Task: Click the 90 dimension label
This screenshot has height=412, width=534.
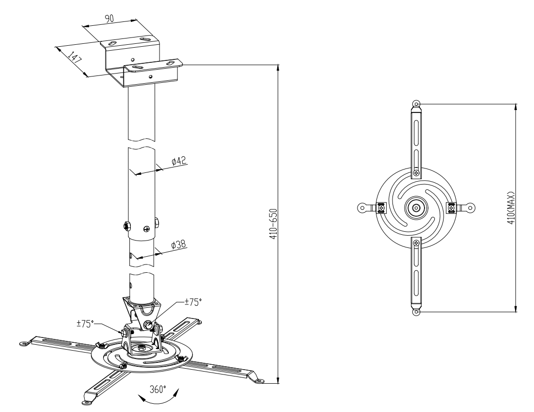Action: [x=109, y=19]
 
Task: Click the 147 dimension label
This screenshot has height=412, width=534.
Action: [x=75, y=57]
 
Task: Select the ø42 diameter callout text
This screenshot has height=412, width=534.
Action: [x=179, y=161]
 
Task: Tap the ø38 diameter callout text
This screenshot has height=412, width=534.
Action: [x=178, y=245]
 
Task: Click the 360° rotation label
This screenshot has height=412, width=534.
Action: [x=158, y=389]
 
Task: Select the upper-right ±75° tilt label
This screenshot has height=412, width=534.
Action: [x=193, y=302]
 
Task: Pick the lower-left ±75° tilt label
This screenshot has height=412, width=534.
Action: [x=85, y=324]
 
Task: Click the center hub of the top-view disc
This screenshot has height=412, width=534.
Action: [x=416, y=207]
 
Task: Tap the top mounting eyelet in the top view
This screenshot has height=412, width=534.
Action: [x=416, y=104]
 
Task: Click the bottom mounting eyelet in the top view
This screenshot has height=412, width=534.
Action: [x=416, y=312]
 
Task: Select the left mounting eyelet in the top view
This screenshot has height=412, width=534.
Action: [x=363, y=207]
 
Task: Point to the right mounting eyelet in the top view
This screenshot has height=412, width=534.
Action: [x=470, y=207]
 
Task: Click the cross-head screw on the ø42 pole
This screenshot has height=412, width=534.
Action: [x=147, y=228]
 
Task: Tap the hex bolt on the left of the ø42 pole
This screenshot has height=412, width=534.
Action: [x=126, y=225]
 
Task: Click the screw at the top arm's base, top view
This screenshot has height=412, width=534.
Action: [x=416, y=173]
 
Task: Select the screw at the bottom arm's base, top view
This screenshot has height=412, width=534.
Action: [x=416, y=243]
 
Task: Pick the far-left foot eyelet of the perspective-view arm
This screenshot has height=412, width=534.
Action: [x=24, y=343]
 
